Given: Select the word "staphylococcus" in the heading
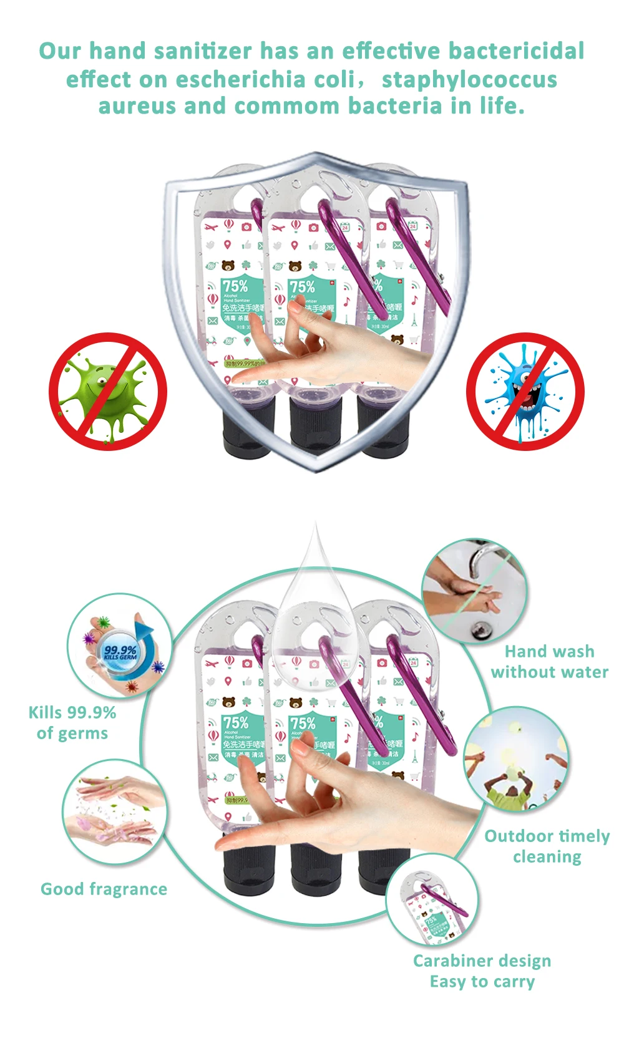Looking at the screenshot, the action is (x=469, y=79).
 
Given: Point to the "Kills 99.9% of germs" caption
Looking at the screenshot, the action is (x=72, y=723).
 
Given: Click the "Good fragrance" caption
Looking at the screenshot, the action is (x=104, y=889).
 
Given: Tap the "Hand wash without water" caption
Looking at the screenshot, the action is (x=549, y=662).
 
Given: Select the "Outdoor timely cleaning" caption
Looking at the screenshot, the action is (x=547, y=846).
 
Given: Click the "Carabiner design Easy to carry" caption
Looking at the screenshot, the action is (x=482, y=971).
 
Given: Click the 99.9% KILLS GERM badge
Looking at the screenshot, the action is (x=120, y=653).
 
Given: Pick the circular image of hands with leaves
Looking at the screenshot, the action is (x=115, y=811).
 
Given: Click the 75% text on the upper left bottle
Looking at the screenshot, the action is (x=235, y=286).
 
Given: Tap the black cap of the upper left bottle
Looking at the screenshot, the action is (x=248, y=425).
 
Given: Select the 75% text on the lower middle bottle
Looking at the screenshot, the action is (x=302, y=724).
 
